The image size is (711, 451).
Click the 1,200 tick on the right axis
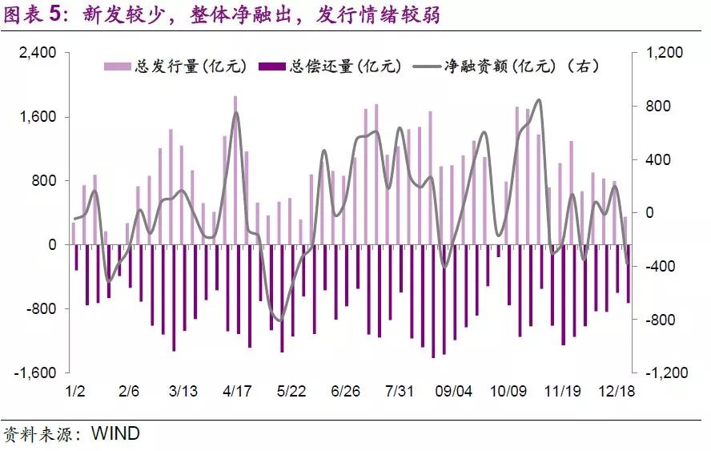664,53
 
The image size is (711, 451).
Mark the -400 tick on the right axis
661,267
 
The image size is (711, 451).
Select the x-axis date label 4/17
237,392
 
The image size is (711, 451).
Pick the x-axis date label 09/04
453,392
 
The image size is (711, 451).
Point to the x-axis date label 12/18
617,392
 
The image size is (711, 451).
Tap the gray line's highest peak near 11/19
538,100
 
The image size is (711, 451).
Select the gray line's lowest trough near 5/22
279,320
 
